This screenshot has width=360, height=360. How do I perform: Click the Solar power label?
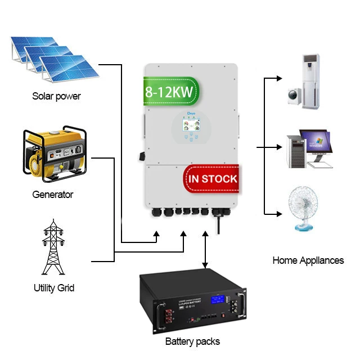[56, 96]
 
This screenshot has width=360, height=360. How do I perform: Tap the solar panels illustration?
[51, 60]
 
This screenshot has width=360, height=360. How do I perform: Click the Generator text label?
[53, 195]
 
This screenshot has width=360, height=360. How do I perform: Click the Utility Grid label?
[54, 288]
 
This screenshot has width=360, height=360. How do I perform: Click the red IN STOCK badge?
[213, 179]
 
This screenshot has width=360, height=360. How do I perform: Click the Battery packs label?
[192, 341]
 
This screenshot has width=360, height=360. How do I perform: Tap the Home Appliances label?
[308, 260]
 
